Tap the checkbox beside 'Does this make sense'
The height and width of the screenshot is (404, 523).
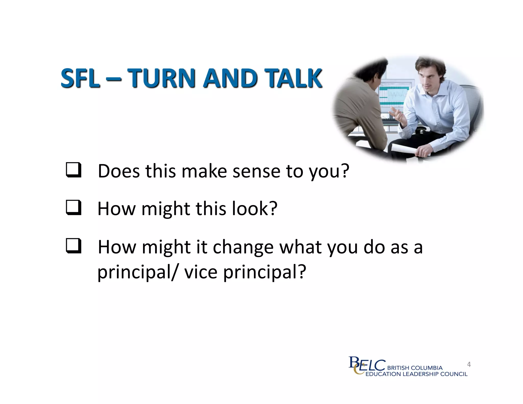74,170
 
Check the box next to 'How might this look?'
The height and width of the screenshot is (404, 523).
74,208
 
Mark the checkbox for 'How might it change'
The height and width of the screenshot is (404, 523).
74,246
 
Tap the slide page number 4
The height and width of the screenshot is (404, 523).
469,364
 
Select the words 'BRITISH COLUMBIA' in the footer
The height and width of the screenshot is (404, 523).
415,368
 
